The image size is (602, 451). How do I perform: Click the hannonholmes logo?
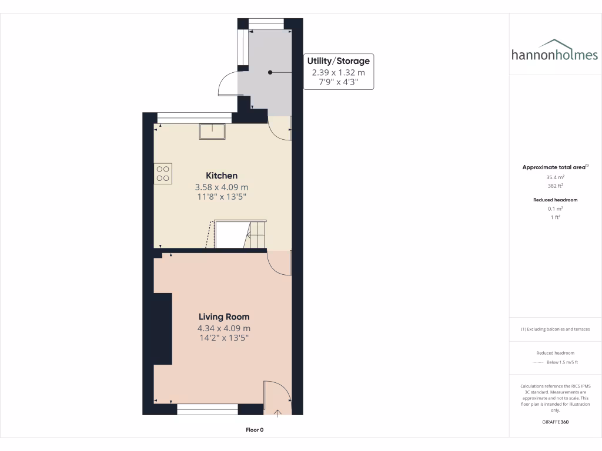click(x=554, y=51)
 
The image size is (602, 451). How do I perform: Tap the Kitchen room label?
click(x=222, y=176)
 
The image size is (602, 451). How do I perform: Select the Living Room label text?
click(x=223, y=317)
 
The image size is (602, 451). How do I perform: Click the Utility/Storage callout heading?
click(x=339, y=60)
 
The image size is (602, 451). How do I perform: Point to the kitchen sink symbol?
click(x=212, y=132)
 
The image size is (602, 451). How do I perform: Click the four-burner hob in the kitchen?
click(x=163, y=173)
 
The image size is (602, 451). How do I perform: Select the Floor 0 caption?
click(x=255, y=430)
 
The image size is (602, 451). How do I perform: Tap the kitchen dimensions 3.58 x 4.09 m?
click(x=222, y=187)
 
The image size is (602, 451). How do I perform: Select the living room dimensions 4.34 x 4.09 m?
click(x=223, y=328)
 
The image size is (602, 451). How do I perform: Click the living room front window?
click(x=208, y=409)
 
